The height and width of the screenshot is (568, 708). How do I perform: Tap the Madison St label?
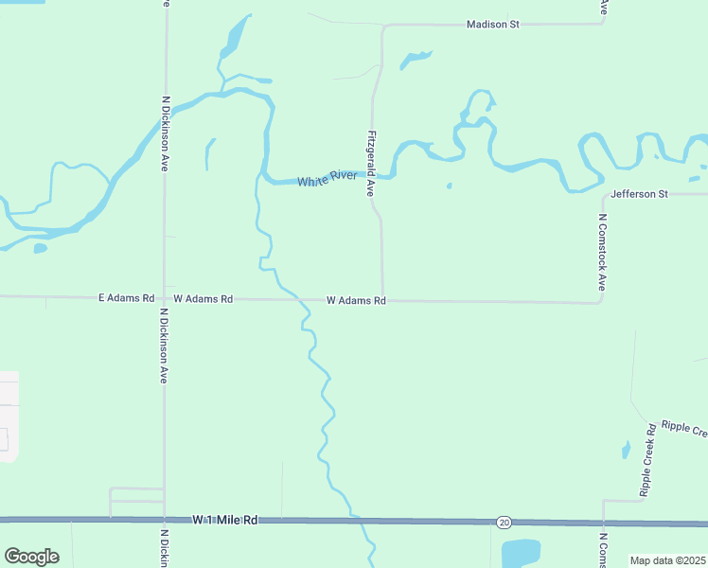493,24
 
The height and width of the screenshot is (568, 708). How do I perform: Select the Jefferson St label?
640,194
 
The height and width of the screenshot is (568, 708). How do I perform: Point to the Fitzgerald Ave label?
372,163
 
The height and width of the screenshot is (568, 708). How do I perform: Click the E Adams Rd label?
126,298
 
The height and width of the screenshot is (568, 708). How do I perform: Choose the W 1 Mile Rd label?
225,520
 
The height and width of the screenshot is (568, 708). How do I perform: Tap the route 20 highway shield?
503,522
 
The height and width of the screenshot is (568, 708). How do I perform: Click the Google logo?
31,557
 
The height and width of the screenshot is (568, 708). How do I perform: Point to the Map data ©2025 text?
667,560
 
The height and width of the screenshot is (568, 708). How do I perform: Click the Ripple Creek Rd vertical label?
648,461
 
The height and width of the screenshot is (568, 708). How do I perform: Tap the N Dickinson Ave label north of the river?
166,133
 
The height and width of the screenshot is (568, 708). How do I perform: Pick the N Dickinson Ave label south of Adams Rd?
164,346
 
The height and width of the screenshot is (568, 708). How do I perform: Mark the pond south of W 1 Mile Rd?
520,552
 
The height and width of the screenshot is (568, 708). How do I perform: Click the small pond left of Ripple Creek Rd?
626,450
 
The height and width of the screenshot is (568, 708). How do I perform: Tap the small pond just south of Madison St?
415,60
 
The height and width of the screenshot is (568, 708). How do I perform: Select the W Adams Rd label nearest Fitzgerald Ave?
356,301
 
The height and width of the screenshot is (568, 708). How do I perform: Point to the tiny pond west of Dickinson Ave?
40,248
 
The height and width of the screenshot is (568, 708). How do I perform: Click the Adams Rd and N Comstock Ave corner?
600,302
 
